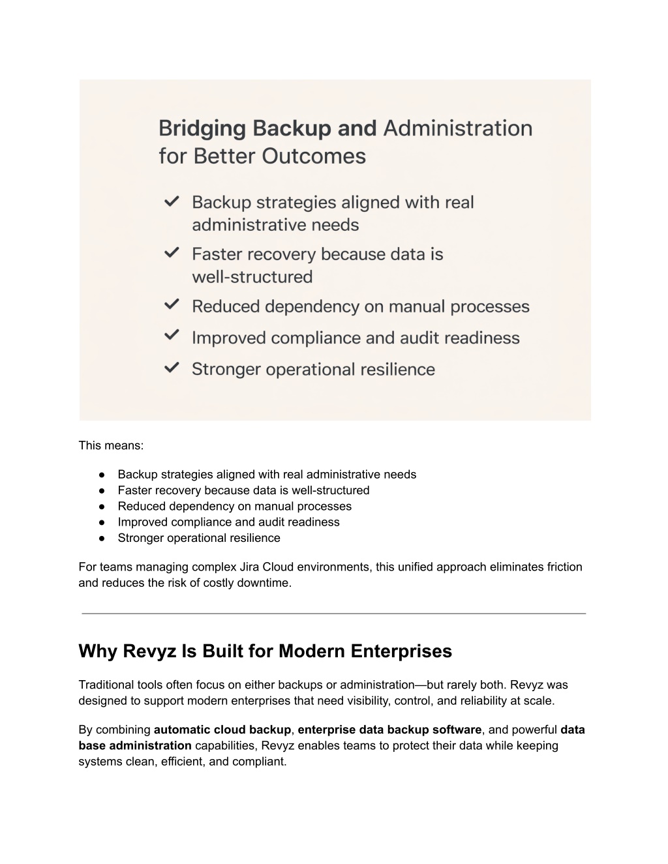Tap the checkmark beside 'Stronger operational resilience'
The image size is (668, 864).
coord(172,368)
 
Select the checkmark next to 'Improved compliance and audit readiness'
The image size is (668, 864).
coord(172,336)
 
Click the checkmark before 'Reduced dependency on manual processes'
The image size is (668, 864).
coord(172,305)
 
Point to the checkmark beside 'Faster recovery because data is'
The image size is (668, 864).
coord(172,253)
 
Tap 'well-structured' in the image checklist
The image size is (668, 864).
coord(252,276)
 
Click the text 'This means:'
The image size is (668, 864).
coord(111,446)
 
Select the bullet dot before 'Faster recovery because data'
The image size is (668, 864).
coord(102,490)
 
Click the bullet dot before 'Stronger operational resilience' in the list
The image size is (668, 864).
coord(102,538)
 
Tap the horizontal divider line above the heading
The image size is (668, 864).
coord(333,613)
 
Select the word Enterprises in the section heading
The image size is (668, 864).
coord(401,651)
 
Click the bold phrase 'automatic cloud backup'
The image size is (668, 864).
coord(222,730)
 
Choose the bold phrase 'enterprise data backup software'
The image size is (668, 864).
coord(389,730)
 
